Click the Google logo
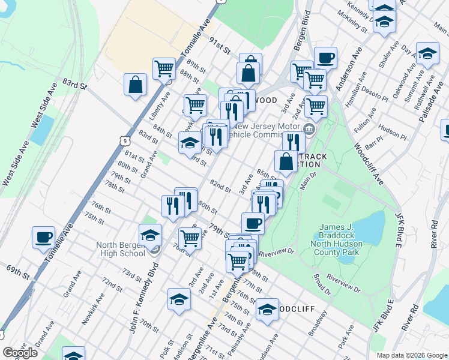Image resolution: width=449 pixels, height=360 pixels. pyautogui.click(x=20, y=353)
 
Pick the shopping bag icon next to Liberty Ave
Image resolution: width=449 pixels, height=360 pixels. pyautogui.click(x=136, y=85)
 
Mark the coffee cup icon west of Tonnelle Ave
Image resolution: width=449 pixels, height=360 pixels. pyautogui.click(x=43, y=238)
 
